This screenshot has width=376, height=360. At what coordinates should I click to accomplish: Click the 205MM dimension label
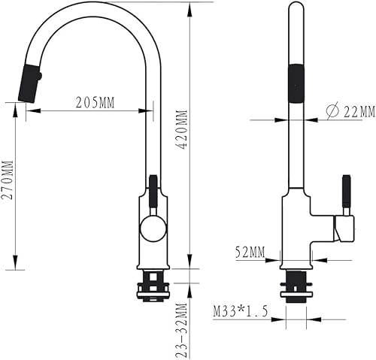point(96,103)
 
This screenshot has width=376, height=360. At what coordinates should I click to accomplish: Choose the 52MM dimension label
point(250,253)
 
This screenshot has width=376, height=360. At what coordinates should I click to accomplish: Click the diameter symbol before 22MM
point(331,111)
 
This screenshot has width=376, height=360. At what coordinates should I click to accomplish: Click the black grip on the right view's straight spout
point(295,83)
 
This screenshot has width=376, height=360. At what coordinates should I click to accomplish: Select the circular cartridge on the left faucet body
point(153,228)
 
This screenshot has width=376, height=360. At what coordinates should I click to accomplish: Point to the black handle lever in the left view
point(153,192)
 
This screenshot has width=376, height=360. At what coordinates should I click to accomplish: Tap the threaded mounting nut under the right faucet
point(295,285)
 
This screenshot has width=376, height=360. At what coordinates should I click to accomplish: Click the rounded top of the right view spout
point(295,7)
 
